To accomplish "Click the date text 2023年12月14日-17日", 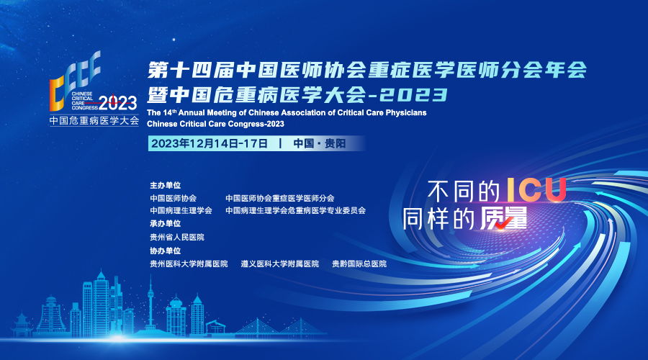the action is pos(209,143).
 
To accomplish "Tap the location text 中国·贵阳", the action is pos(320,143).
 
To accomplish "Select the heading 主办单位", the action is pos(166,185).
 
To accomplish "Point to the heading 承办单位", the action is pos(166,224).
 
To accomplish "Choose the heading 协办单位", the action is pos(166,251).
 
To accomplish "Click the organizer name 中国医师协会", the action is pos(173,199).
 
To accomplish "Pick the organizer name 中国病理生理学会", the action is pos(181,211).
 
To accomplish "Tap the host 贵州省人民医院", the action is pos(177,238).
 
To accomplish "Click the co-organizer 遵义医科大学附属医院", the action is pos(280,264).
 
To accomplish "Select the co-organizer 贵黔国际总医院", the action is pos(359,264).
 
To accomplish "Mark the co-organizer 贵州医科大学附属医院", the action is pos(189,264).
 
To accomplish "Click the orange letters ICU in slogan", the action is pos(536,190).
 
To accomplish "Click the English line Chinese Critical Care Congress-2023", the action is pos(215,124).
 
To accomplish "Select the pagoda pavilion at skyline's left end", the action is pos(22,325).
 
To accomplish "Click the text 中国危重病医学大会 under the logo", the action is pos(94,121).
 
